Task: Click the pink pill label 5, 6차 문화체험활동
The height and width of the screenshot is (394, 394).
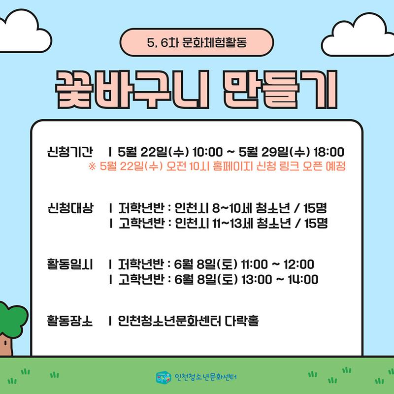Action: coord(197,42)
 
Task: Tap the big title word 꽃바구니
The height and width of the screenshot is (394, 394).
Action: coord(132,90)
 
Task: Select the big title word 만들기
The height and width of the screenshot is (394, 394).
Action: coord(280,90)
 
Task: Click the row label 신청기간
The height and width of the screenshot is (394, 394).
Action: coord(70,152)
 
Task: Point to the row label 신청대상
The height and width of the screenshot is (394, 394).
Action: coord(70,208)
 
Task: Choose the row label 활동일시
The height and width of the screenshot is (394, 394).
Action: coord(70,264)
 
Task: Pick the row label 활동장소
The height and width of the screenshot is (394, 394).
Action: coord(70,321)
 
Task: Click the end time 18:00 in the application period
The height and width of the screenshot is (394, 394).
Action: coord(328,152)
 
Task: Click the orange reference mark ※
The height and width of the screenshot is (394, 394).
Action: coord(92,166)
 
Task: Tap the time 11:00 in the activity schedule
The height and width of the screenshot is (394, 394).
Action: coord(254,264)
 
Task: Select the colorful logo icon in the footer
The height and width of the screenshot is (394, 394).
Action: coord(164,377)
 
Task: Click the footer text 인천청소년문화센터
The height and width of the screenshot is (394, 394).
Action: coord(205,377)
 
